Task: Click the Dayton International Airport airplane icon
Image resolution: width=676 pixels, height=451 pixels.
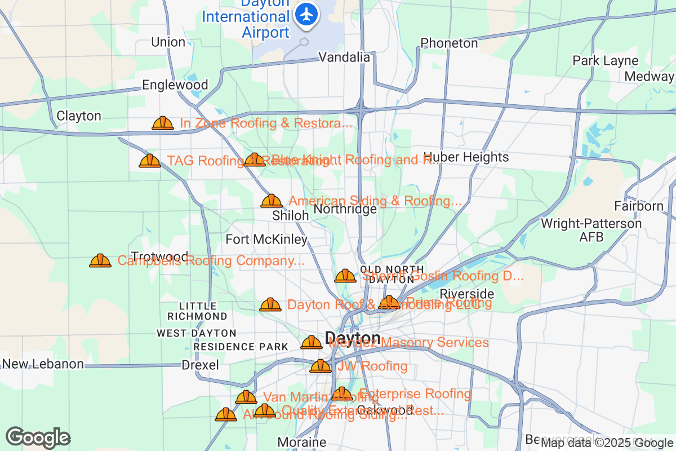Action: pyautogui.click(x=307, y=14)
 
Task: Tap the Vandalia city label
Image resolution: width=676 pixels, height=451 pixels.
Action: pyautogui.click(x=344, y=57)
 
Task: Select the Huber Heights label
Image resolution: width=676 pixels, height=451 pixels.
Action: pyautogui.click(x=466, y=157)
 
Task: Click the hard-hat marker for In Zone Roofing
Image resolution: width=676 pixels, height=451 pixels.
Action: pyautogui.click(x=163, y=123)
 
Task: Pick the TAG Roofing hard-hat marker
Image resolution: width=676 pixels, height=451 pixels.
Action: pyautogui.click(x=150, y=161)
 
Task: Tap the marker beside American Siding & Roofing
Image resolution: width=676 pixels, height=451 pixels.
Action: pyautogui.click(x=272, y=201)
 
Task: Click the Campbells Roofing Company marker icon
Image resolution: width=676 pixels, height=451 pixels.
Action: pyautogui.click(x=100, y=260)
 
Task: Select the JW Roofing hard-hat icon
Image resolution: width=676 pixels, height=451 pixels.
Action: pyautogui.click(x=321, y=366)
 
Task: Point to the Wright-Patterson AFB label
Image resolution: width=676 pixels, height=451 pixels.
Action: pyautogui.click(x=590, y=230)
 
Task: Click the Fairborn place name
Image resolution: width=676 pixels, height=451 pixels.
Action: pyautogui.click(x=639, y=206)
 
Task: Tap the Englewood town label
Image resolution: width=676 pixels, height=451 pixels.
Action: pyautogui.click(x=175, y=85)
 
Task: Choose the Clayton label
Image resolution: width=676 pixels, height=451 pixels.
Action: pyautogui.click(x=79, y=116)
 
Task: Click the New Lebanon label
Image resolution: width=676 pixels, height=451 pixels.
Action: pyautogui.click(x=43, y=364)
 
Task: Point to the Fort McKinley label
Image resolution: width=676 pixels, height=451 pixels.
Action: pyautogui.click(x=266, y=240)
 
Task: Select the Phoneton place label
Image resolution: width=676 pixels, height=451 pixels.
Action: pyautogui.click(x=449, y=43)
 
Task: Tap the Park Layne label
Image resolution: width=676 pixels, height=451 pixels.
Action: pyautogui.click(x=605, y=61)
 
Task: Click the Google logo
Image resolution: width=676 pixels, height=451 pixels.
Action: pyautogui.click(x=38, y=437)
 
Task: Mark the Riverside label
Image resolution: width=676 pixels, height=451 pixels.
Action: pyautogui.click(x=466, y=294)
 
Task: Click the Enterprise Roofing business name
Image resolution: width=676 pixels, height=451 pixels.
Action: pyautogui.click(x=415, y=393)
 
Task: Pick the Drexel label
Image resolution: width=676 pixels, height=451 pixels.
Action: pyautogui.click(x=200, y=365)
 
